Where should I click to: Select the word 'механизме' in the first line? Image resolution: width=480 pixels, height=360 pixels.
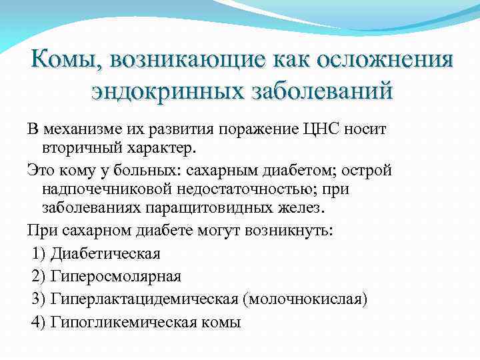click(x=81, y=128)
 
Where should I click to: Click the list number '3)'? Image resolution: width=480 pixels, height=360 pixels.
click(x=39, y=299)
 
